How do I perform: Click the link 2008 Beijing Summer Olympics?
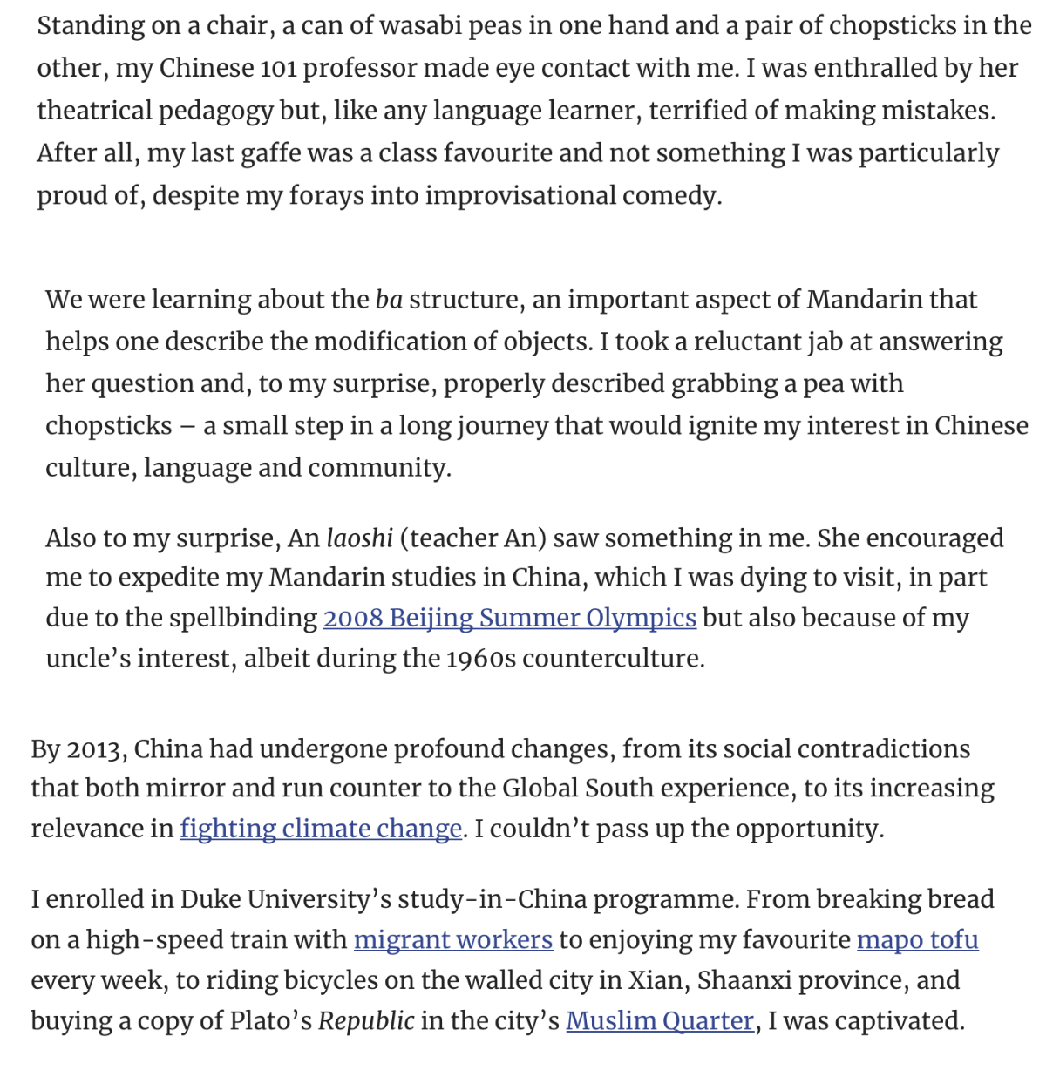click(509, 618)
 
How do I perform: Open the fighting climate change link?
click(321, 828)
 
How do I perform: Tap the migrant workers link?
click(452, 939)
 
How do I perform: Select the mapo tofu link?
click(917, 939)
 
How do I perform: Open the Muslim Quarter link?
click(659, 1020)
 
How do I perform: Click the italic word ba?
click(389, 299)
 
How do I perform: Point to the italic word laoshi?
click(359, 538)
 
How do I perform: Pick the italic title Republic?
click(366, 1020)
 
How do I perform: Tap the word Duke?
click(210, 898)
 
